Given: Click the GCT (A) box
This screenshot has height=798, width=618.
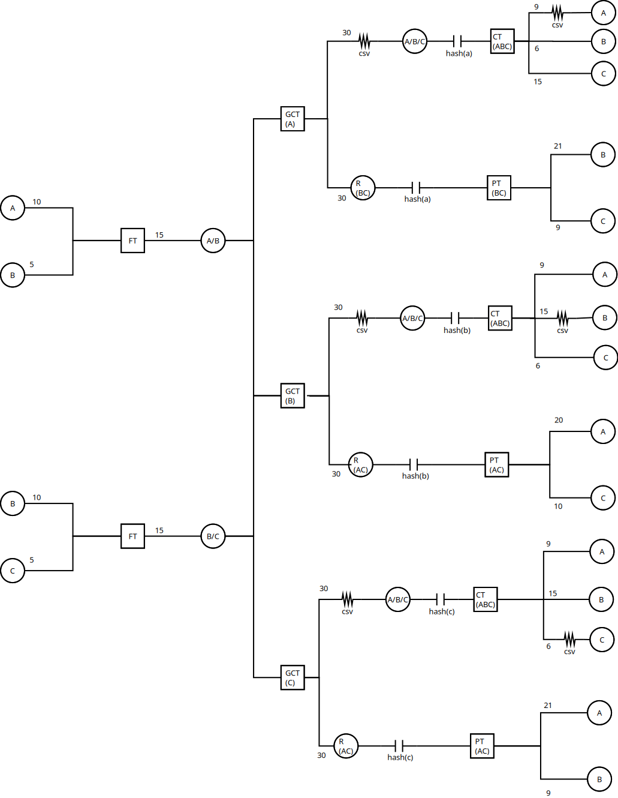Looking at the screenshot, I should (x=293, y=119).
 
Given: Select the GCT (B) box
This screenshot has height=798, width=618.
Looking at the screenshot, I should (x=293, y=396).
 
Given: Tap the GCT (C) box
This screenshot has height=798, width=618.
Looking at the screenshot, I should (x=293, y=677).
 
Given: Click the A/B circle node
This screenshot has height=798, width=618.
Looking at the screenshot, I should (x=213, y=241).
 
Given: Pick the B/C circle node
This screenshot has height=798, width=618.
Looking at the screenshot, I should (x=213, y=536).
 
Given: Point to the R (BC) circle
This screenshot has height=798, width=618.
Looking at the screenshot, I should (x=363, y=188).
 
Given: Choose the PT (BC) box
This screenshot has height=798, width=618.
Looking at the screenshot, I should (x=499, y=188).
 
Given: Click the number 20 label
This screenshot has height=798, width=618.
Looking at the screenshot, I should (x=559, y=420).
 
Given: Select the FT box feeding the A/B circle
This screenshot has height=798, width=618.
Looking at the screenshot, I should (x=132, y=241).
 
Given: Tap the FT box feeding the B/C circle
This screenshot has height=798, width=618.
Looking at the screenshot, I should (x=132, y=536).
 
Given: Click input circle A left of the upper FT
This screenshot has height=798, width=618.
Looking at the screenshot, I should (x=13, y=208).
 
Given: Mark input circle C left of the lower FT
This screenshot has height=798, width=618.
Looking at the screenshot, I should (x=13, y=571).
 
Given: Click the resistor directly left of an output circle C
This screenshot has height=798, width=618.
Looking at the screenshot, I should (x=569, y=639).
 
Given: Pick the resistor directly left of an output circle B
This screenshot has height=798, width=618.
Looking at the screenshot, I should (x=562, y=318).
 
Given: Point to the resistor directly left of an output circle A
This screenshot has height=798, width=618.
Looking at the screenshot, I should (x=557, y=13).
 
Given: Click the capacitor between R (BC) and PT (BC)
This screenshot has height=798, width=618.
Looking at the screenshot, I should (x=416, y=188).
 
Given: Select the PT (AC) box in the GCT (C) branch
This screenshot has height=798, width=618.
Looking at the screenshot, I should (x=482, y=746).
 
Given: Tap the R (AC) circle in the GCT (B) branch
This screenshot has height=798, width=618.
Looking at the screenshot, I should (x=361, y=464).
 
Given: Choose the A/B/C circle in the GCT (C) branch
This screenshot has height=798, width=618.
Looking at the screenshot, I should (x=397, y=599).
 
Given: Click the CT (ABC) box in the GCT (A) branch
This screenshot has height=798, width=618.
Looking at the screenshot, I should (x=502, y=41).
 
